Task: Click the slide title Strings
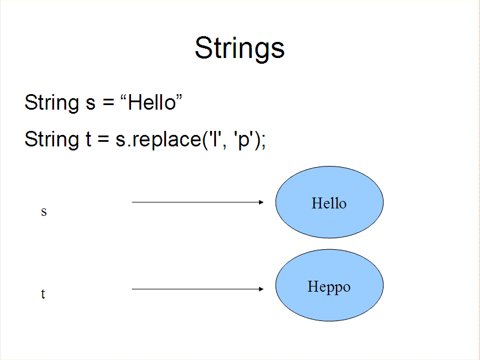point(239,49)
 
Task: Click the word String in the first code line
point(52,103)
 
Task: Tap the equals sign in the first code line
point(109,102)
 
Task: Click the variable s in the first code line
point(90,104)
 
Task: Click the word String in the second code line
point(52,140)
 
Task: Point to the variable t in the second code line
point(88,140)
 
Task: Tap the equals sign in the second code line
point(103,139)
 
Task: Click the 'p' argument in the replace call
point(243,140)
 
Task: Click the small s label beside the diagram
point(44,211)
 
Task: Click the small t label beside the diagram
point(43,294)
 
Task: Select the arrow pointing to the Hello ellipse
point(198,202)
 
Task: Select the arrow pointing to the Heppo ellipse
point(198,289)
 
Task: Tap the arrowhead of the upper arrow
point(261,202)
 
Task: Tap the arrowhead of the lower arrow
point(261,289)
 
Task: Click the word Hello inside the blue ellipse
point(329,203)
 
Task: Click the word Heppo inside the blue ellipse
point(329,287)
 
